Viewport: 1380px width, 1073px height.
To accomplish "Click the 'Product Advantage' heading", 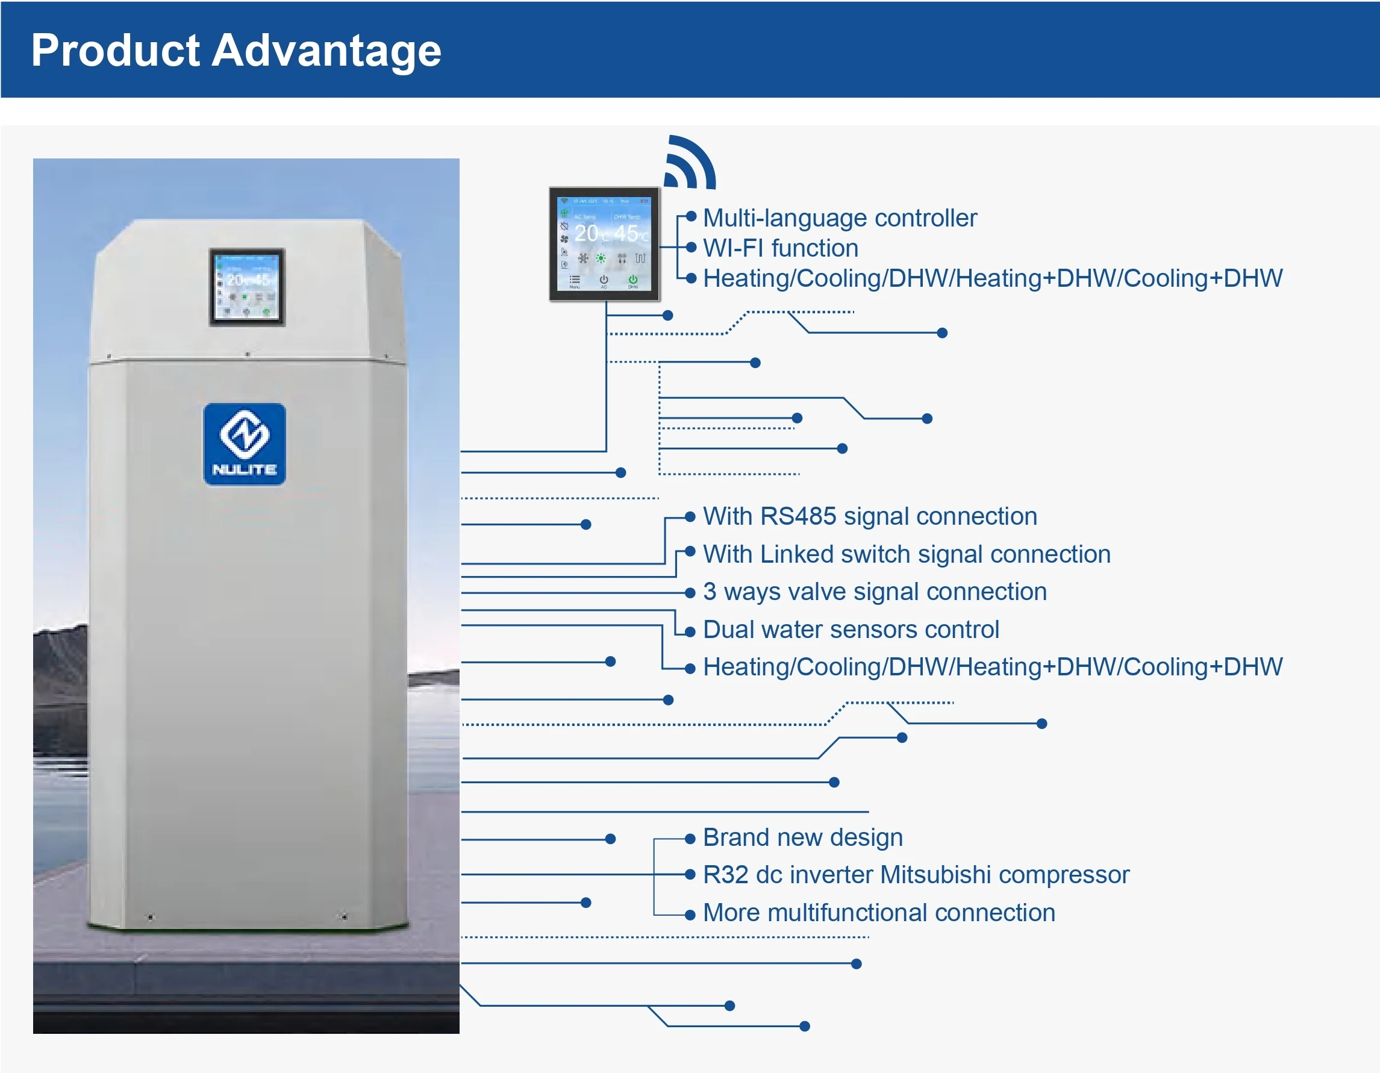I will click(236, 50).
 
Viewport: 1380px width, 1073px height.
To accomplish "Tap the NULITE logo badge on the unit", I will click(245, 443).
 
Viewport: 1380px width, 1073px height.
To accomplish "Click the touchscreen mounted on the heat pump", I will click(247, 287).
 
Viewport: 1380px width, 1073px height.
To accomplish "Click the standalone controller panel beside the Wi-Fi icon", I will click(604, 244).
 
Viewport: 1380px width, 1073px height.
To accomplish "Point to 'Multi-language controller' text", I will click(839, 218).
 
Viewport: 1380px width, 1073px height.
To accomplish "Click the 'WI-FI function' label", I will click(781, 248).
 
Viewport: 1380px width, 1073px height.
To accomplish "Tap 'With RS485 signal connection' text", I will click(869, 516).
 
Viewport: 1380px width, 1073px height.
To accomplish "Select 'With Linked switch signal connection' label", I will click(906, 554).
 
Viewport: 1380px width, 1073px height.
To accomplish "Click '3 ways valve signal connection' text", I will click(875, 592).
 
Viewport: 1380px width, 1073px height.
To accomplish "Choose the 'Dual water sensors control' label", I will click(851, 630).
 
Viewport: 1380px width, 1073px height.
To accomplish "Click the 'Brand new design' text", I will click(802, 837).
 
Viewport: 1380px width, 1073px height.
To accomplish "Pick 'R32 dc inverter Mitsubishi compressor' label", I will click(916, 875).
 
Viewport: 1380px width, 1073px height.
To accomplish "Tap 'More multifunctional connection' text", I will click(878, 913).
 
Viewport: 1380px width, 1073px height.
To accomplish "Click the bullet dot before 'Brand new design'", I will click(690, 839).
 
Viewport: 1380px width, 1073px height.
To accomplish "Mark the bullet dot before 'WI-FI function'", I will click(691, 247).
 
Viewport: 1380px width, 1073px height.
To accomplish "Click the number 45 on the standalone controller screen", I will click(626, 233).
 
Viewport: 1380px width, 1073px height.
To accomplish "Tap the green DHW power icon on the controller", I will click(632, 280).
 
